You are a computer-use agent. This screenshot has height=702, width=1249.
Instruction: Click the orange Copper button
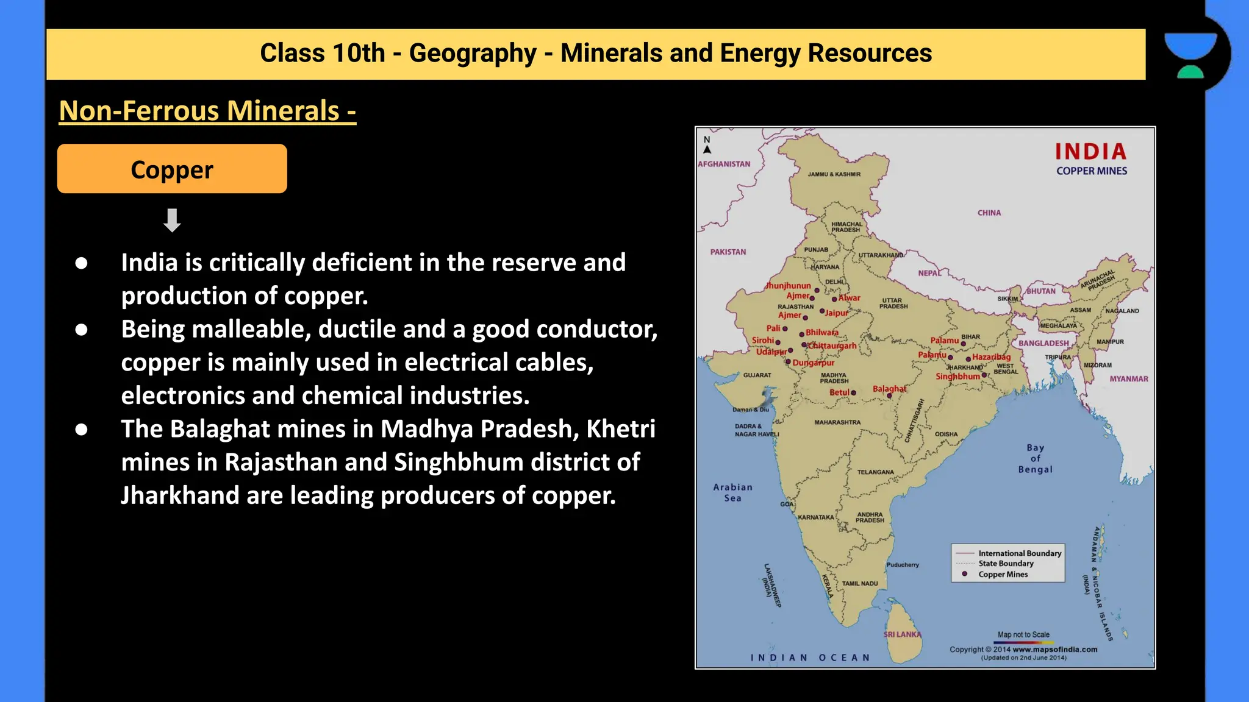172,169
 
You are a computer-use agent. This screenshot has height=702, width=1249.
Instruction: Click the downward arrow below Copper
172,220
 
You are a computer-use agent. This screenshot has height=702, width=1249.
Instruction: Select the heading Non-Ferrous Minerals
207,111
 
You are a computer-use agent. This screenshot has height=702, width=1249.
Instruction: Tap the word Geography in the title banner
473,54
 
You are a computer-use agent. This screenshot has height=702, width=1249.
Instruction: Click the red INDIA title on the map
1090,151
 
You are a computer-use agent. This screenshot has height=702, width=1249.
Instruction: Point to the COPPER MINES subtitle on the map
1092,171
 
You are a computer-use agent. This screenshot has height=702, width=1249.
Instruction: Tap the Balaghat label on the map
889,389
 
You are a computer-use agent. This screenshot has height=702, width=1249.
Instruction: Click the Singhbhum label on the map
957,377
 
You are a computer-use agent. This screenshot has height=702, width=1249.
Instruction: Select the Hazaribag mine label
991,357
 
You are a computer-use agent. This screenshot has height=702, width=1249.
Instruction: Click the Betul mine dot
853,393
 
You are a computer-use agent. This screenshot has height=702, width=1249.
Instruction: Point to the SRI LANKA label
902,634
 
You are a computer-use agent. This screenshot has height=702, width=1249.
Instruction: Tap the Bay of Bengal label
1035,458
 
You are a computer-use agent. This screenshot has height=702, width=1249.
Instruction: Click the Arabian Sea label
732,492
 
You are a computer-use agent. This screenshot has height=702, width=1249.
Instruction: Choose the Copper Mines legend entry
1003,574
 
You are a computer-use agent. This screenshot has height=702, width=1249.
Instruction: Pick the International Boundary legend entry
1020,553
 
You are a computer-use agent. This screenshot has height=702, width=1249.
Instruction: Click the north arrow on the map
707,149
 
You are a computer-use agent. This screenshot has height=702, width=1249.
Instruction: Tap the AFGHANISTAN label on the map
724,164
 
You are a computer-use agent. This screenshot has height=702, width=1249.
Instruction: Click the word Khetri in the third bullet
620,429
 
